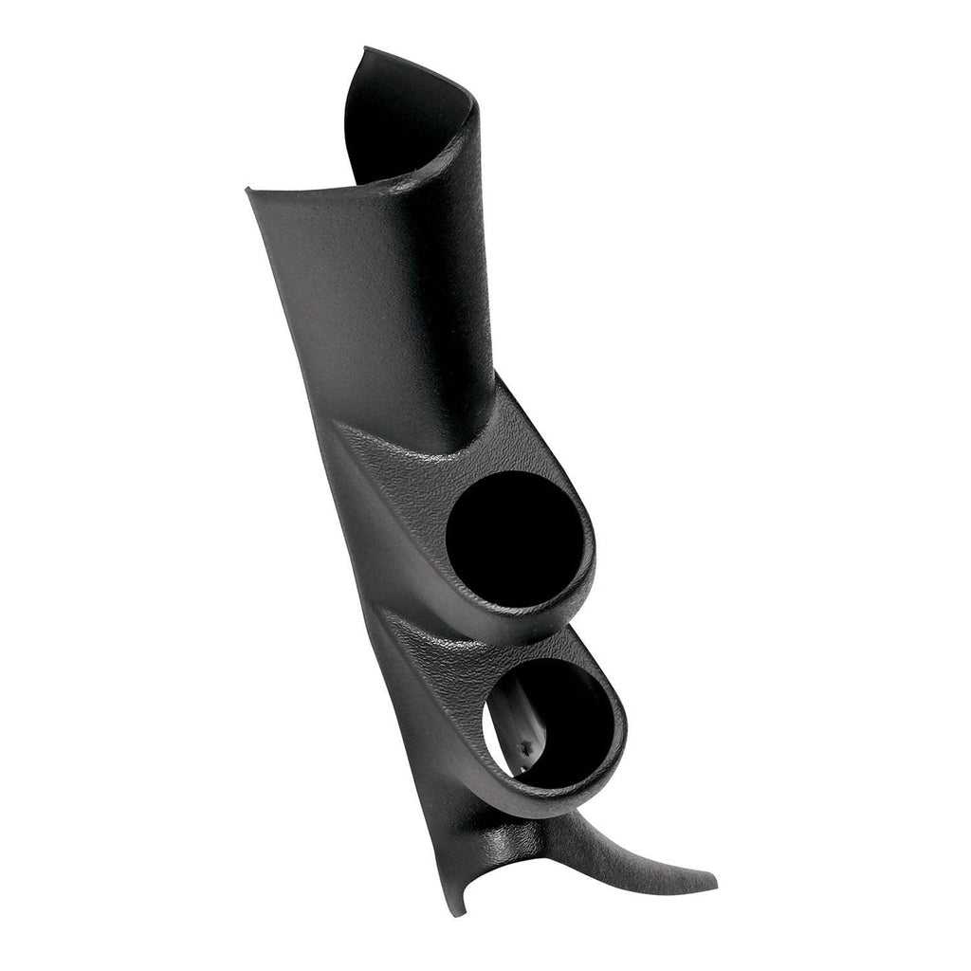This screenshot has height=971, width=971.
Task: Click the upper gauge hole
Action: coord(512,538)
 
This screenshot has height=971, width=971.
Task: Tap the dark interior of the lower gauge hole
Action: coord(569,721)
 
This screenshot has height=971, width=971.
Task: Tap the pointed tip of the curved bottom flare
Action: coord(713,881)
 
